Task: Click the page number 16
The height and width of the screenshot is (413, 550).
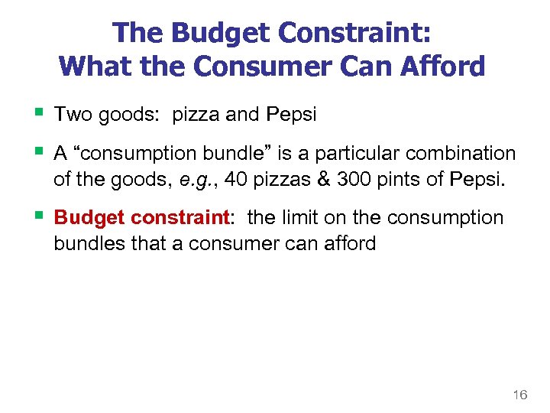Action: click(519, 395)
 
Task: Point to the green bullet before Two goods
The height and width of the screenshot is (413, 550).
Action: click(39, 114)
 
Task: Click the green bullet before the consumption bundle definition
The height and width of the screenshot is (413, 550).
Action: click(39, 152)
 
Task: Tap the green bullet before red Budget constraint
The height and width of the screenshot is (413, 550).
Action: click(39, 217)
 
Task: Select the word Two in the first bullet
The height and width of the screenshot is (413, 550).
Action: click(73, 115)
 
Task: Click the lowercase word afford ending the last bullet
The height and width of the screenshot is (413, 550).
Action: click(349, 243)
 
